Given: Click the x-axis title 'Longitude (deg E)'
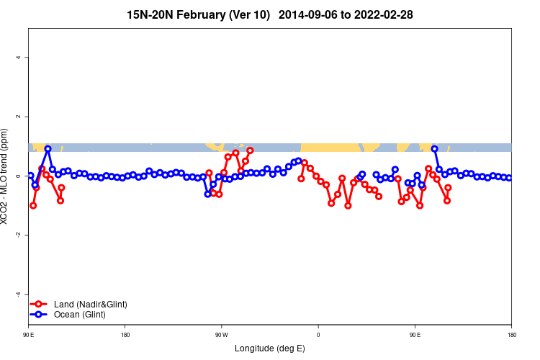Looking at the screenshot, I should click(270, 348).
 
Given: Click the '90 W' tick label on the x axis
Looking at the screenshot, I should click(221, 335).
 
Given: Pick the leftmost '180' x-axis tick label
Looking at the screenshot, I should click(125, 335).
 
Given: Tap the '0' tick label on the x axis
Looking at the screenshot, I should click(318, 335).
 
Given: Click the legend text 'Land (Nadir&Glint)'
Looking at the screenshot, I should click(91, 305).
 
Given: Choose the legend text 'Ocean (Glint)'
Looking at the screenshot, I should click(80, 315).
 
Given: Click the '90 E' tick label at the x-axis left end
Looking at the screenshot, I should click(29, 335).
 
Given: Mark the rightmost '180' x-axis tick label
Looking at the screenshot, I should click(511, 335).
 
